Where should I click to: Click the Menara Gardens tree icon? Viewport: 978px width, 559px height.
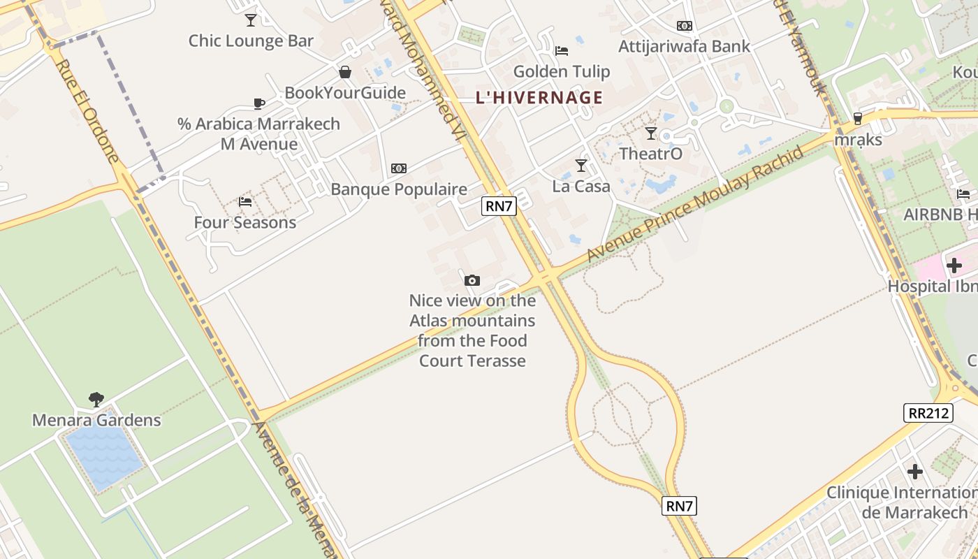[x=96, y=400]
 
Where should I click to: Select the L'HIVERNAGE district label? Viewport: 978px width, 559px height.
[x=539, y=98]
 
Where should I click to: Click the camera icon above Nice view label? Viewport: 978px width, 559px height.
[x=472, y=281]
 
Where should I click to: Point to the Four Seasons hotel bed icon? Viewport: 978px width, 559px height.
[x=245, y=202]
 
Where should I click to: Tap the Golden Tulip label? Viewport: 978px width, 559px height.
[x=561, y=71]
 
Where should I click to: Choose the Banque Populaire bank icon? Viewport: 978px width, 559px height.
[x=399, y=168]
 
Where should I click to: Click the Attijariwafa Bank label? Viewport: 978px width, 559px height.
[x=684, y=47]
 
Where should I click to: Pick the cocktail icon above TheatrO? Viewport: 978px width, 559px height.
[x=651, y=133]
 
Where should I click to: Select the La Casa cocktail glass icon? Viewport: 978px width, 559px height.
[x=581, y=165]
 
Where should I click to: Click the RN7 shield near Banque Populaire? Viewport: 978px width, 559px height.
[x=499, y=205]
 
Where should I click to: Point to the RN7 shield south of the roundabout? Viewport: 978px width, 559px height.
[x=679, y=506]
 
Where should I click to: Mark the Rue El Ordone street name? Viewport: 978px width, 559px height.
[x=87, y=111]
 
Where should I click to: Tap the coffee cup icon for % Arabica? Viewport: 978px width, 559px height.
[x=259, y=104]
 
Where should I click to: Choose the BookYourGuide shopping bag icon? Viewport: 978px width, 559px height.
[x=345, y=72]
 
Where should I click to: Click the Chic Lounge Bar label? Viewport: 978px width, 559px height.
[x=251, y=41]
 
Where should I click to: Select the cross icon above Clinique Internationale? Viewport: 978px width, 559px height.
[x=915, y=472]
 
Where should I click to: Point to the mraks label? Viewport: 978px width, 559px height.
[x=858, y=140]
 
